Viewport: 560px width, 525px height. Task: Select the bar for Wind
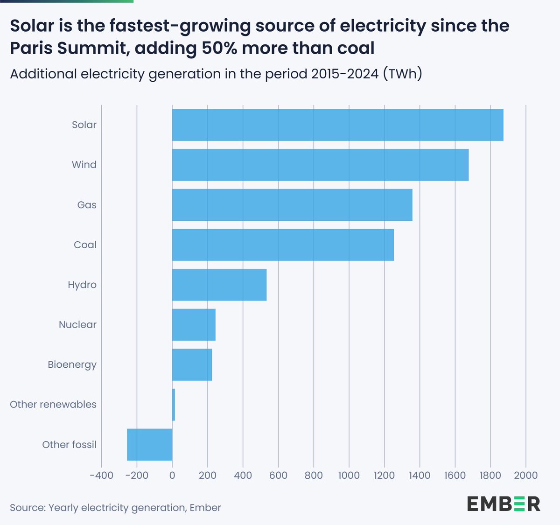(320, 165)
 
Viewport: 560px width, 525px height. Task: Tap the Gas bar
(292, 205)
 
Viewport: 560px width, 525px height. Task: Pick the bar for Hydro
(219, 285)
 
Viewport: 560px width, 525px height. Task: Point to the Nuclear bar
(194, 325)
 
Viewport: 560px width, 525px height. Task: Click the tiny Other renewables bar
(174, 405)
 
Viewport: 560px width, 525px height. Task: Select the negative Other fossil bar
(150, 445)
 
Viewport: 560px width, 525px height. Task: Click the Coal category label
(85, 245)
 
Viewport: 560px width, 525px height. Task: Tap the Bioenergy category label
(72, 364)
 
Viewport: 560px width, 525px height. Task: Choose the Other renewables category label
(53, 405)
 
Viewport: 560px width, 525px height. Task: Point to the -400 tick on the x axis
(101, 476)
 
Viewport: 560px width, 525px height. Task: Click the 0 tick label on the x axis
(172, 476)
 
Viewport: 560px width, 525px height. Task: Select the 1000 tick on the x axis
(349, 476)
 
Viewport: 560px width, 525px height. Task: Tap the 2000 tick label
(525, 476)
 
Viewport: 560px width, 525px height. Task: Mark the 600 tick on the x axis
(278, 476)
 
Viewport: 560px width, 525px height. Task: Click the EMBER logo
(504, 504)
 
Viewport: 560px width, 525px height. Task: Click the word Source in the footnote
(27, 508)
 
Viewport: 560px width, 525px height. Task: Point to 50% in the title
(219, 48)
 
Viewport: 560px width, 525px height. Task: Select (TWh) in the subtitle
(402, 74)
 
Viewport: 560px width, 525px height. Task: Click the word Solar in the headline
(32, 26)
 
